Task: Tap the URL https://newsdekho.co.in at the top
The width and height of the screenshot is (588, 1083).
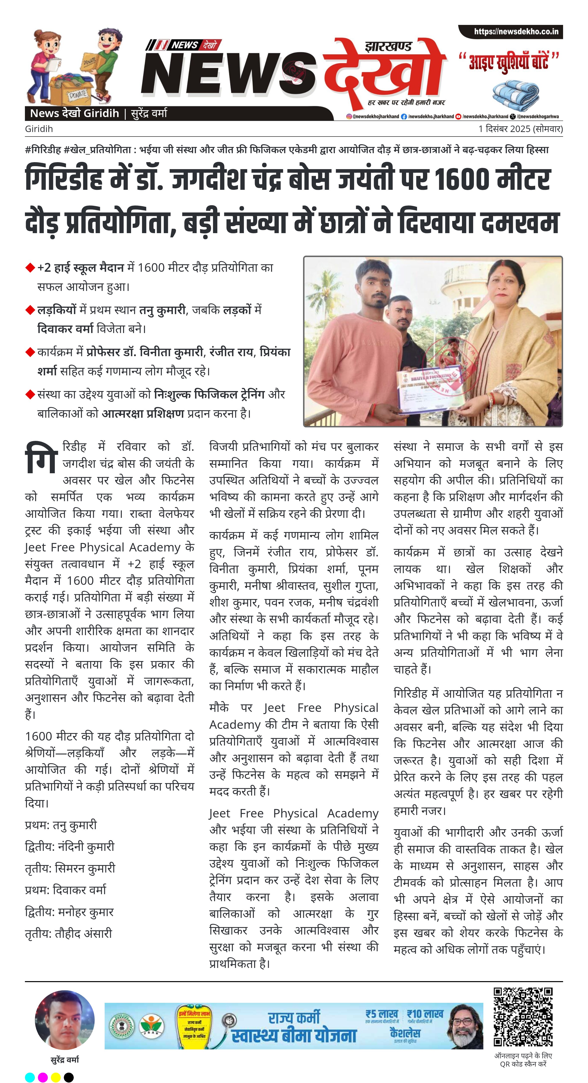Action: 516,32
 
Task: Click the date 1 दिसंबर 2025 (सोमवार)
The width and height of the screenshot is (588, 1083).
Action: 520,129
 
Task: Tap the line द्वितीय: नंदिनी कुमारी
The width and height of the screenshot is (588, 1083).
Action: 70,846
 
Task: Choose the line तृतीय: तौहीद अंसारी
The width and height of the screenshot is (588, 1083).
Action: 69,933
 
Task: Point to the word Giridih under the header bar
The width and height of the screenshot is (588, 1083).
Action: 39,129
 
